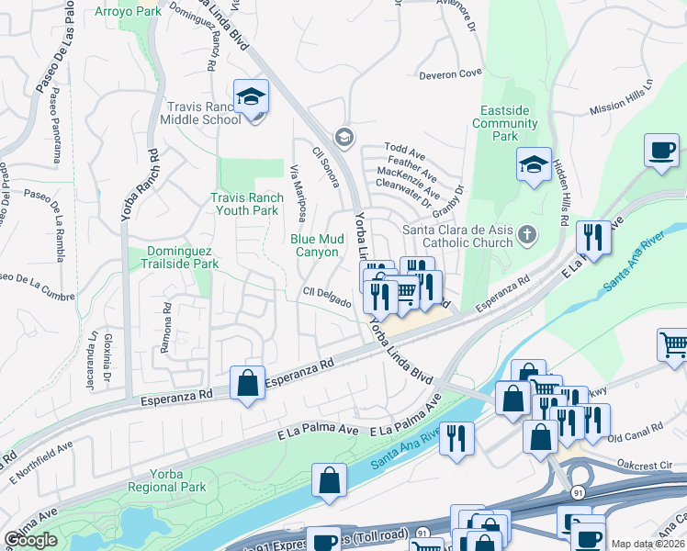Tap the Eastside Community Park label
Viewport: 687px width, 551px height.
pyautogui.click(x=505, y=123)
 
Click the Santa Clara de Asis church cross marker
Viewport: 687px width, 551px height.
pyautogui.click(x=527, y=233)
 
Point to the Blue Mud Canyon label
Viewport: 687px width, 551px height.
pyautogui.click(x=315, y=245)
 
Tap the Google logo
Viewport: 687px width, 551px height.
pyautogui.click(x=30, y=540)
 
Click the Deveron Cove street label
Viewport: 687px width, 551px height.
pyautogui.click(x=450, y=73)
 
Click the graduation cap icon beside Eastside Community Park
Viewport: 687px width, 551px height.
pyautogui.click(x=534, y=166)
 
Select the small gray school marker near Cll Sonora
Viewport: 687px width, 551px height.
pyautogui.click(x=343, y=138)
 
